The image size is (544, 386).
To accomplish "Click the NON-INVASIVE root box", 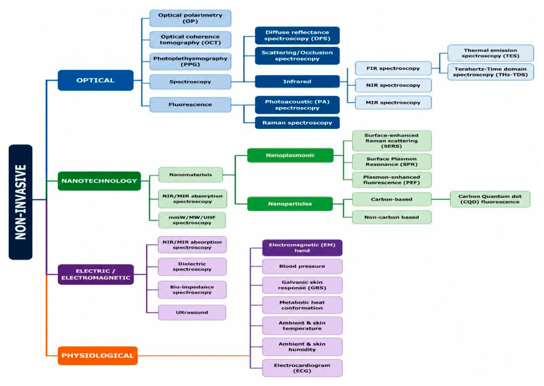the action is point(21,202).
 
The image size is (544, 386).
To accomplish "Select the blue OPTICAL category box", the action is point(95,81).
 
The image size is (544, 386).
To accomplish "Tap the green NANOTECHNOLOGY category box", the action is point(99,181).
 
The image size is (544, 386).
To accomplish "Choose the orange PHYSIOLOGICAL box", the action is point(97,355).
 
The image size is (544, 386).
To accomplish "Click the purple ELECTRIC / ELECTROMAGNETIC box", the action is point(95,274).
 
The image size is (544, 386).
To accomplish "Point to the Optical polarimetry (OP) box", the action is point(190,18).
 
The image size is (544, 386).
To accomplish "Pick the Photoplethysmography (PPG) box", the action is point(190,61).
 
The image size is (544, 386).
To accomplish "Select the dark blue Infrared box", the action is point(297,82).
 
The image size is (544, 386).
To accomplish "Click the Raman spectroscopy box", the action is point(297,123).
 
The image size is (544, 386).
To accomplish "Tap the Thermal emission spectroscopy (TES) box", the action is point(490,53).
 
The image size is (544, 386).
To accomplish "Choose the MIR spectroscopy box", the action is point(393,103).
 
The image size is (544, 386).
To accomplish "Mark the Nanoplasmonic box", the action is point(290,156).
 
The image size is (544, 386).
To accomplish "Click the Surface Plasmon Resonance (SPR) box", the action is point(392,162).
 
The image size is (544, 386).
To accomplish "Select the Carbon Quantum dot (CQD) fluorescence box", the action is point(490,199).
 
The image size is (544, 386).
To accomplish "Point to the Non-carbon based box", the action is point(392,217).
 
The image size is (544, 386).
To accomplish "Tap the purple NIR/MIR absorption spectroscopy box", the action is point(192,245).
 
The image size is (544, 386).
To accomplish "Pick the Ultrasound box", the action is point(192,313).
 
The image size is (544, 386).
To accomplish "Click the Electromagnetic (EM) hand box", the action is point(302,248).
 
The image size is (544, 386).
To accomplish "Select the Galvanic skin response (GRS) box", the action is point(302,285).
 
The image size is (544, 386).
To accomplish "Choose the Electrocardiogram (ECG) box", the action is point(302,368).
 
